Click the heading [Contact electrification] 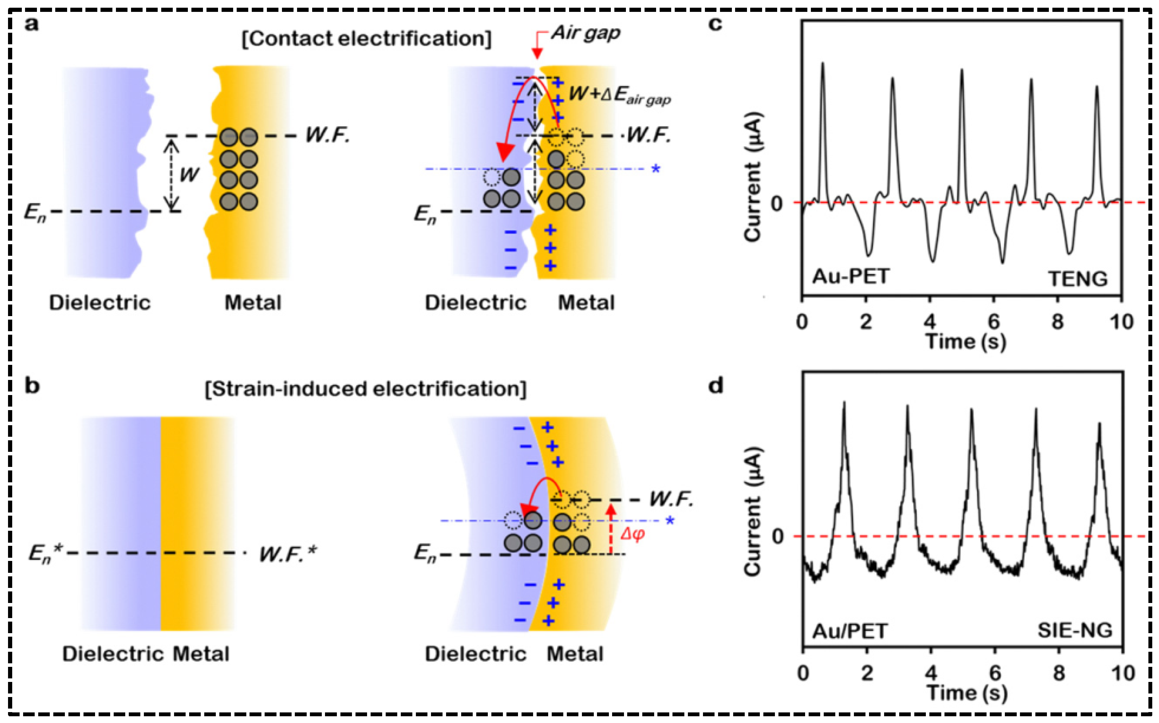coord(366,38)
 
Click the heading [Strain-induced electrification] coord(365,389)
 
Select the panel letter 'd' coord(716,385)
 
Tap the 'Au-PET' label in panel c coord(851,276)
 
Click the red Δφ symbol coord(633,534)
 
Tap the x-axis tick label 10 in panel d coord(1122,673)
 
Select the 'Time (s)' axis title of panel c coord(966,341)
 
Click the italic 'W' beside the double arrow coord(189,175)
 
